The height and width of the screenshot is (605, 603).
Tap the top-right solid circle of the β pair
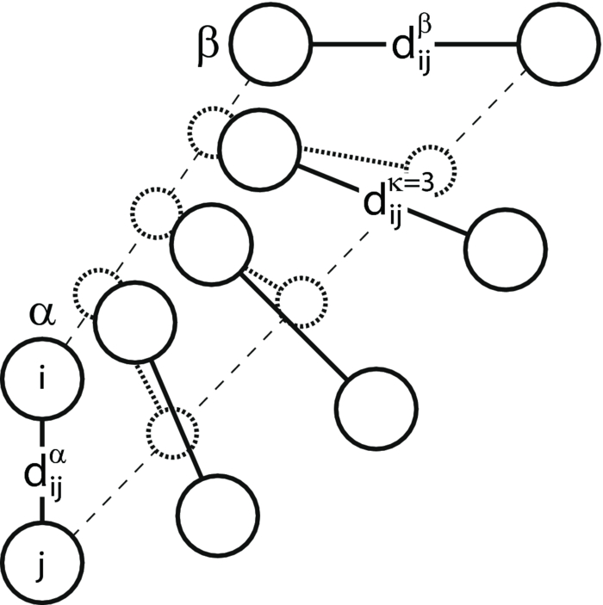(556, 46)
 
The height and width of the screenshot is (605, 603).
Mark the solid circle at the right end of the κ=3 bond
(505, 250)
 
